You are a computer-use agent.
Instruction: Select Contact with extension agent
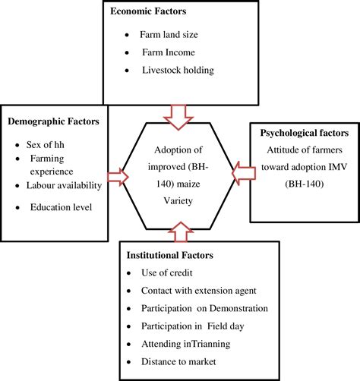197,290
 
